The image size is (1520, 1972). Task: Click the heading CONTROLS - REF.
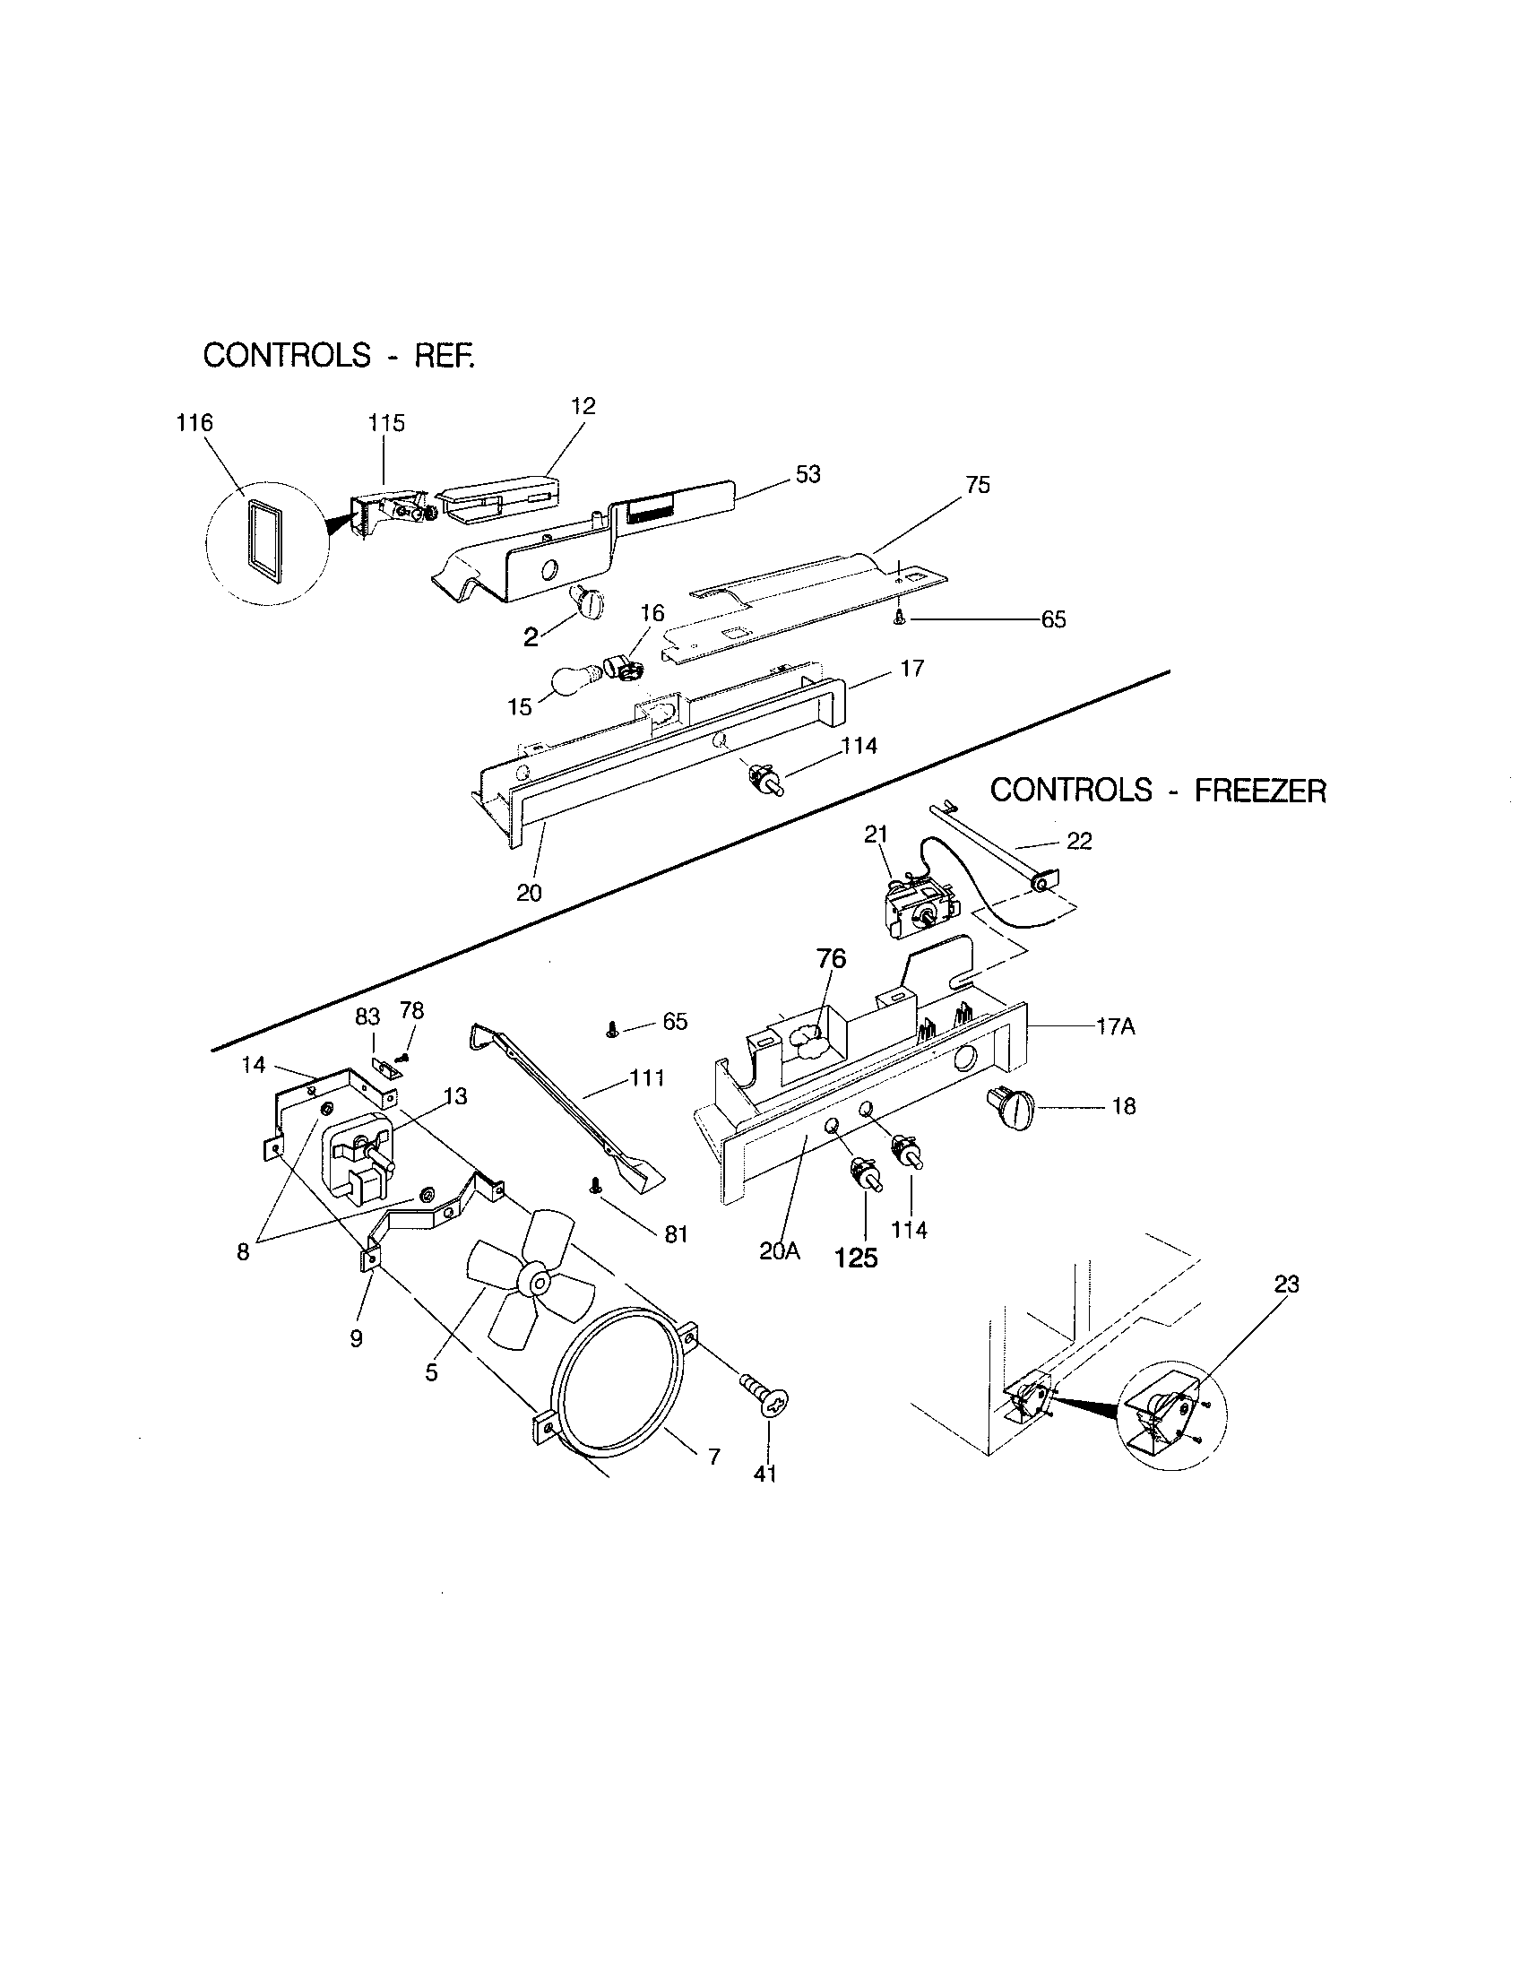click(339, 356)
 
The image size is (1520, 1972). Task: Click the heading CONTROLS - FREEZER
click(1158, 791)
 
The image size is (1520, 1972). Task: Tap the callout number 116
click(194, 422)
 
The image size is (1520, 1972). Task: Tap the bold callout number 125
click(856, 1258)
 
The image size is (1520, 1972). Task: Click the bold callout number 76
click(832, 958)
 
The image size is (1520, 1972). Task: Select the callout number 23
click(1286, 1283)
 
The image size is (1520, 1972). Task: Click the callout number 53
click(807, 474)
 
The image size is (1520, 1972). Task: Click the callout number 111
click(647, 1077)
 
